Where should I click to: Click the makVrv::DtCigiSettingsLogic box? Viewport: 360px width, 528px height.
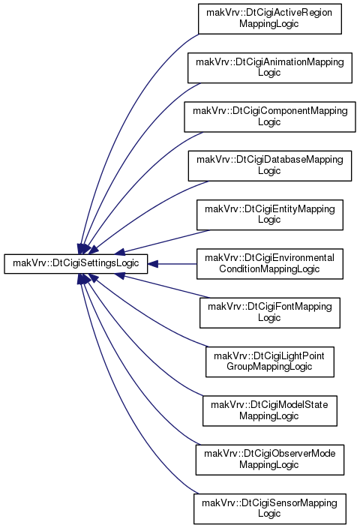click(76, 264)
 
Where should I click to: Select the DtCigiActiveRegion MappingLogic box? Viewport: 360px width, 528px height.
click(270, 19)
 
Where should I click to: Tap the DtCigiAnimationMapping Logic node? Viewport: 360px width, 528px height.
click(270, 67)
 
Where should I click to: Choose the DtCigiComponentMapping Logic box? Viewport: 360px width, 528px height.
click(270, 117)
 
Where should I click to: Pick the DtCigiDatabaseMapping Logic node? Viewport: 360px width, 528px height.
click(270, 166)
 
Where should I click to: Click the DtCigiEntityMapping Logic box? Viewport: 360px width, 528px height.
click(270, 214)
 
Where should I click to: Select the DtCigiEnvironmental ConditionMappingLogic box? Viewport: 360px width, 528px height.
click(270, 264)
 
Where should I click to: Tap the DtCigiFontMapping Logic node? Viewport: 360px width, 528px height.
click(270, 313)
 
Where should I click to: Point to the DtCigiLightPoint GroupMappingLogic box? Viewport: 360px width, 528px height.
click(270, 361)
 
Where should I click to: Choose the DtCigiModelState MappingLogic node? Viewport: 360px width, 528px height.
click(270, 411)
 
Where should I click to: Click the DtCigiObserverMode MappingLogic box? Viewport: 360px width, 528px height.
click(270, 460)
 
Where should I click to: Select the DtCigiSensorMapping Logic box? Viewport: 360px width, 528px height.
click(270, 508)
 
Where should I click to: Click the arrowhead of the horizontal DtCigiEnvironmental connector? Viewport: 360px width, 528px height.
click(153, 264)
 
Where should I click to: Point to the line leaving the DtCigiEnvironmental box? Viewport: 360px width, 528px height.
click(177, 264)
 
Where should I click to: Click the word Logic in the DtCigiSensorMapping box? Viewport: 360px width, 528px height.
click(269, 514)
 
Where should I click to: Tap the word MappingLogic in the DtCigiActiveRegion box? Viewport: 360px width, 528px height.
click(269, 24)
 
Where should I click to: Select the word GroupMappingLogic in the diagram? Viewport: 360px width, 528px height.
click(269, 367)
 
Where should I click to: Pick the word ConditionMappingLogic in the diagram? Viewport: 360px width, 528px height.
click(269, 269)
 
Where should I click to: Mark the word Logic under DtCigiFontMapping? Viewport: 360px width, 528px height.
click(269, 318)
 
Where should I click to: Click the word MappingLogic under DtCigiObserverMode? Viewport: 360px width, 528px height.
click(269, 465)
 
